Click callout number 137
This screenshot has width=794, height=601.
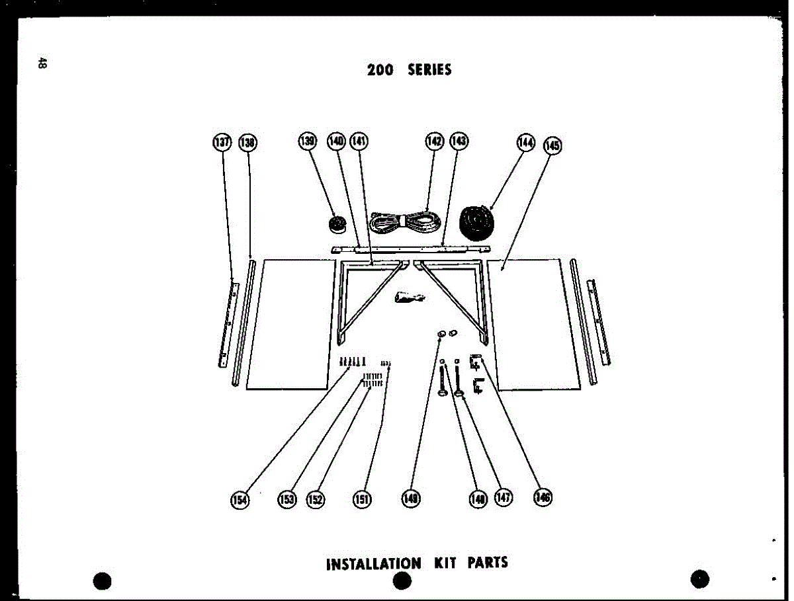click(x=221, y=142)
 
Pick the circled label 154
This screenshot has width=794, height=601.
click(x=239, y=500)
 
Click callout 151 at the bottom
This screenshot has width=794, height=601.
click(x=361, y=500)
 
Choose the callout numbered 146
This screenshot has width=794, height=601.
click(x=543, y=498)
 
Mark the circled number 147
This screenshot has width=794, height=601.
click(x=504, y=499)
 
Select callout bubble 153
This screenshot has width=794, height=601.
click(x=287, y=500)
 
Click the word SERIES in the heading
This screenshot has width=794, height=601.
click(x=429, y=69)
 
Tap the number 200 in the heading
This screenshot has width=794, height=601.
click(x=380, y=69)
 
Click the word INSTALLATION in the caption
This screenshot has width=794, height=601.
click(x=373, y=564)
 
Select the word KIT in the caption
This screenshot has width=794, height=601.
click(x=444, y=563)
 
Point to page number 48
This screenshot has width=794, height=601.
click(x=42, y=63)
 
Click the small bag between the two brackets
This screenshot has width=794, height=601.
click(x=408, y=298)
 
